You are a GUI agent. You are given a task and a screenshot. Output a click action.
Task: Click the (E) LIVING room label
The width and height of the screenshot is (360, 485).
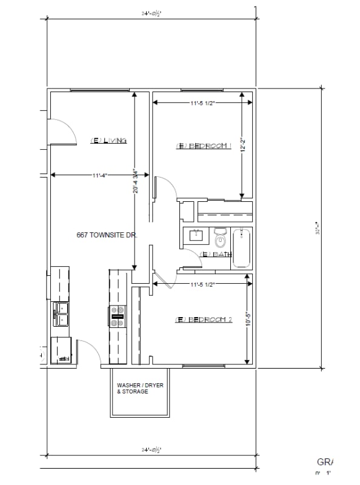108,141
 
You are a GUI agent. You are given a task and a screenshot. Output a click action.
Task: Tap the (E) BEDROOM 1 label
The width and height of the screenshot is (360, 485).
204,145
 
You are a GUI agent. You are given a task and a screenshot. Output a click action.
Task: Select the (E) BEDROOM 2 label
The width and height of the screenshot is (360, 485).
204,319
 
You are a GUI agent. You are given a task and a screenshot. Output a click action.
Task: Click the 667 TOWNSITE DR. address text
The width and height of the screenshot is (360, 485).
107,235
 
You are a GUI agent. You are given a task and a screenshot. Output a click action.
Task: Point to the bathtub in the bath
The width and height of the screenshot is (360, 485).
242,247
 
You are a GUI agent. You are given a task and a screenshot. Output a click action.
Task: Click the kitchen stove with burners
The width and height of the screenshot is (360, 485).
117,316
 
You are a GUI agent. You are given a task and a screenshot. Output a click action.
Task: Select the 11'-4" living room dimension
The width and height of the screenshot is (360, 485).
101,175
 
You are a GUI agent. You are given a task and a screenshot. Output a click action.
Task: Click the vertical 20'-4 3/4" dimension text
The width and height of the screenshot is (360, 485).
136,181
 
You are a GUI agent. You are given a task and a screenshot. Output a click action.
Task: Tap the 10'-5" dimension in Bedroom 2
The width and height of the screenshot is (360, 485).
247,320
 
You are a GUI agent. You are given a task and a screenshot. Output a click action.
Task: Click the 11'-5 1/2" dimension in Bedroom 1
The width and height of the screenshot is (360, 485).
202,103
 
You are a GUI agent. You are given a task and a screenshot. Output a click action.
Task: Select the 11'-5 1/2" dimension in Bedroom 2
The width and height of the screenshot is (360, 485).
202,283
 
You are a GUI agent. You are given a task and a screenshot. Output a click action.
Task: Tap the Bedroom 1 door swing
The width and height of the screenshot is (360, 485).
164,187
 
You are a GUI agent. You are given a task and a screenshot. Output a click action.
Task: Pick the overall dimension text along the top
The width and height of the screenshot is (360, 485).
151,12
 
